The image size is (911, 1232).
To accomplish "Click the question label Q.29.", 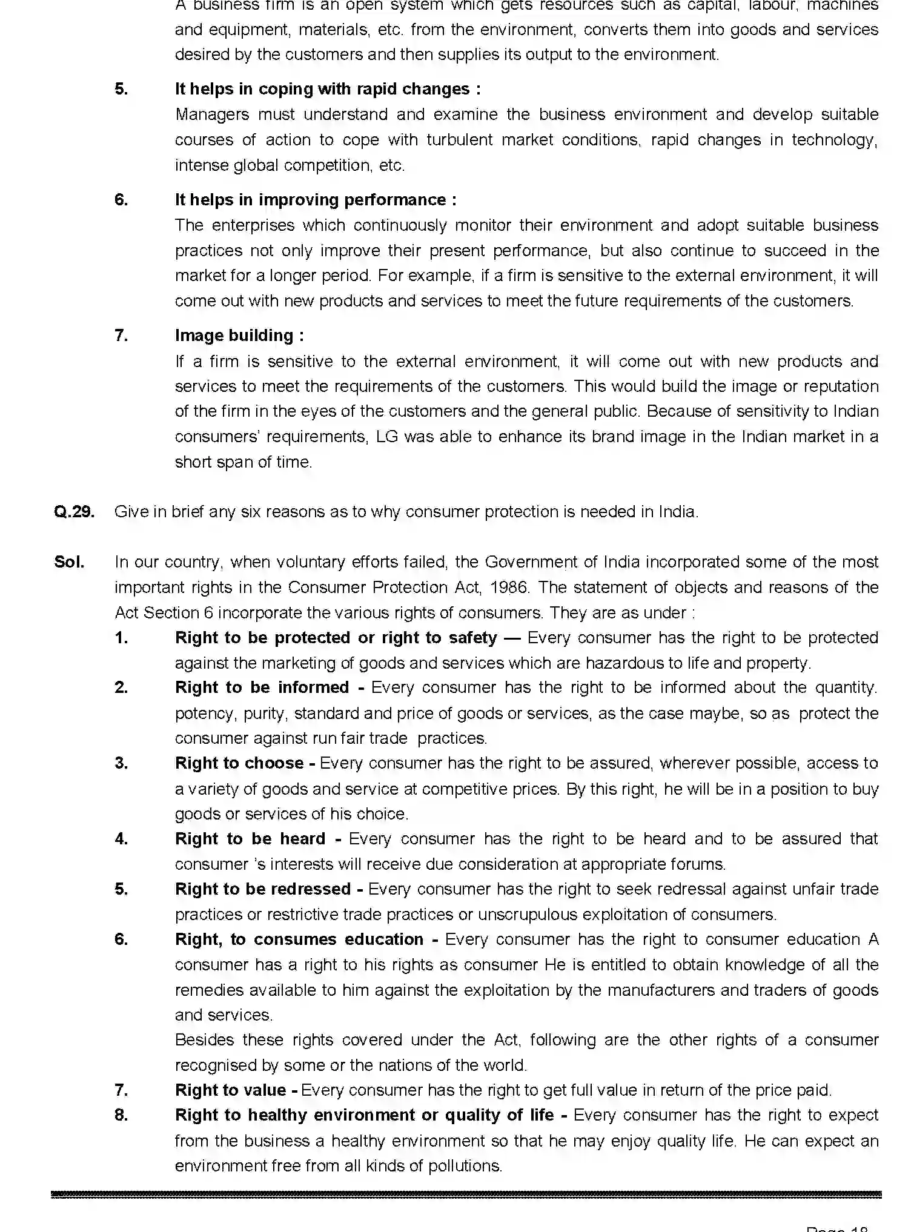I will pos(74,512).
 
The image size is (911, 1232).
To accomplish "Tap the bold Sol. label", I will pos(69,562).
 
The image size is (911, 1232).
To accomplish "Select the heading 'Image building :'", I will pos(239,336).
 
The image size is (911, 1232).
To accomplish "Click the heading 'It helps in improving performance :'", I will pos(316,200).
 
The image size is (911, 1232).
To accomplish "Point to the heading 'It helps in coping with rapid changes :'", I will pos(328,89).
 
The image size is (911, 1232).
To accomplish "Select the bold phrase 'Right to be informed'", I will pos(262,687).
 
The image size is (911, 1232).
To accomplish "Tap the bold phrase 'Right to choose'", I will pos(239,763).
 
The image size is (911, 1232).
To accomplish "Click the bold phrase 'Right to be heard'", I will pos(250,839).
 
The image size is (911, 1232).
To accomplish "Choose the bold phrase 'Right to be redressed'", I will pos(262,889).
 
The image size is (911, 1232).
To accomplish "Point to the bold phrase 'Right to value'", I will pos(230,1090).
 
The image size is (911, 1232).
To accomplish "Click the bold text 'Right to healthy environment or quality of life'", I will pos(364,1115).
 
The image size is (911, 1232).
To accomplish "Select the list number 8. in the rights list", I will pos(121,1115).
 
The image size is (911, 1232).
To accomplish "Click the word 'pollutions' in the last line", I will pos(464,1166).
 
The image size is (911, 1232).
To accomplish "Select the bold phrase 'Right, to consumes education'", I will pos(299,939).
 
